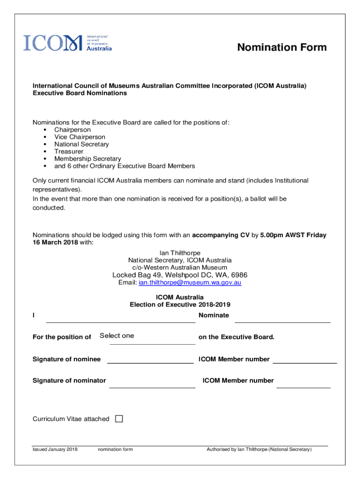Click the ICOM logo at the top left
tap(68, 43)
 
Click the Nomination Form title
tap(281, 48)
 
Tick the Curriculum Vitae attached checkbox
tap(119, 419)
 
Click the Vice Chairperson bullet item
tap(79, 137)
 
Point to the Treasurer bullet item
tap(69, 152)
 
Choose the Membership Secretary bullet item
tap(87, 159)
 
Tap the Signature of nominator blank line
tap(152, 383)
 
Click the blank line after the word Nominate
tap(282, 318)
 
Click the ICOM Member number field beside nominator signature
tap(303, 383)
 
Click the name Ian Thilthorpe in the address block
tap(180, 253)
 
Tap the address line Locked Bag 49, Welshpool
tap(180, 275)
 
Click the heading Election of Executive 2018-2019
tap(180, 305)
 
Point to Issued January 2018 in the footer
tap(55, 449)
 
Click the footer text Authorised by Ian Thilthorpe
tap(259, 449)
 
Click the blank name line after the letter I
tap(121, 318)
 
